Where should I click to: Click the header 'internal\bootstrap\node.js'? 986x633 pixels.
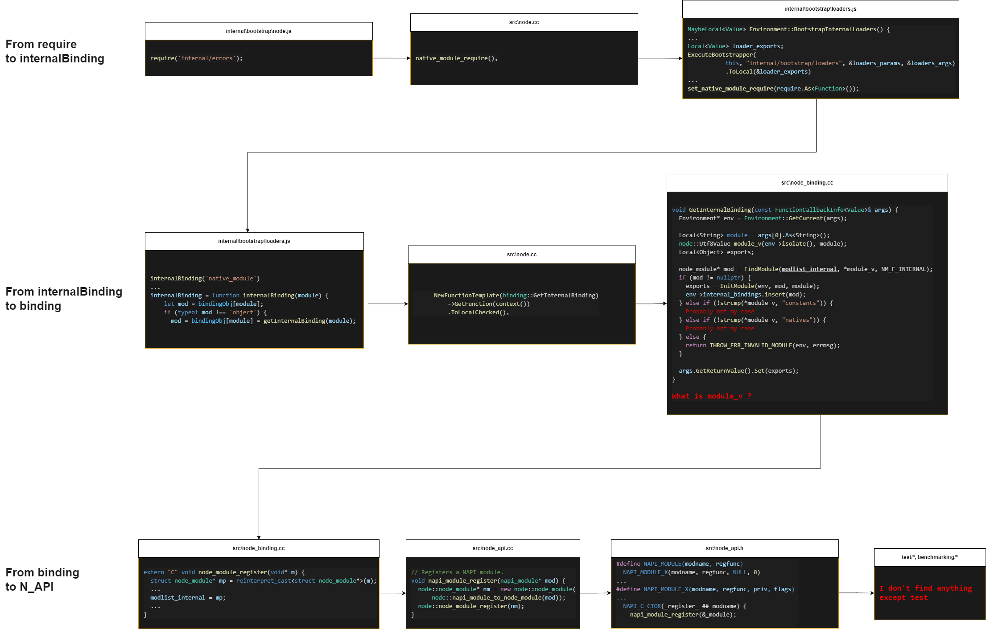tap(258, 31)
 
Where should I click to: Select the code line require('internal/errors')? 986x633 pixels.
tap(196, 58)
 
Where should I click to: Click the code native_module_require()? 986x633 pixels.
tap(456, 58)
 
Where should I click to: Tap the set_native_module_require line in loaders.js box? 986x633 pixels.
tap(772, 89)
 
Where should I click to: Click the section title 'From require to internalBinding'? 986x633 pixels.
tap(54, 51)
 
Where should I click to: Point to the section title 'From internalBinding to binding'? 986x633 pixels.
tap(63, 299)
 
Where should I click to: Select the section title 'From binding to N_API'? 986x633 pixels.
tap(42, 580)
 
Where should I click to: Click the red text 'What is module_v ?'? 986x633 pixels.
tap(711, 396)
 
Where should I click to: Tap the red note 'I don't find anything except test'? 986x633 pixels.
tap(925, 593)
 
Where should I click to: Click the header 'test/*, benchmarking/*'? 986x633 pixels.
tap(929, 557)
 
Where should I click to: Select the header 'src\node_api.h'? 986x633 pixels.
tap(724, 548)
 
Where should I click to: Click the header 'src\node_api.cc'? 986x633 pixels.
tap(492, 548)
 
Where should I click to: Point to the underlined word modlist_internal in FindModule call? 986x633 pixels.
tap(809, 269)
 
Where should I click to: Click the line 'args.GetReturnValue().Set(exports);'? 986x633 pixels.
tap(738, 371)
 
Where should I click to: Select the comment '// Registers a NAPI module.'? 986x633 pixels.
tap(457, 572)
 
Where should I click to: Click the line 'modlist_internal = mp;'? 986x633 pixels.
tap(188, 598)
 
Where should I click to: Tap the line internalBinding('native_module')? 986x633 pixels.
tap(205, 279)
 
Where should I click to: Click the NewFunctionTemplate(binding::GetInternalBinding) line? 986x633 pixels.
tap(516, 296)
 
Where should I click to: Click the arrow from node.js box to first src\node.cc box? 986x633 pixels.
tap(391, 58)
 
